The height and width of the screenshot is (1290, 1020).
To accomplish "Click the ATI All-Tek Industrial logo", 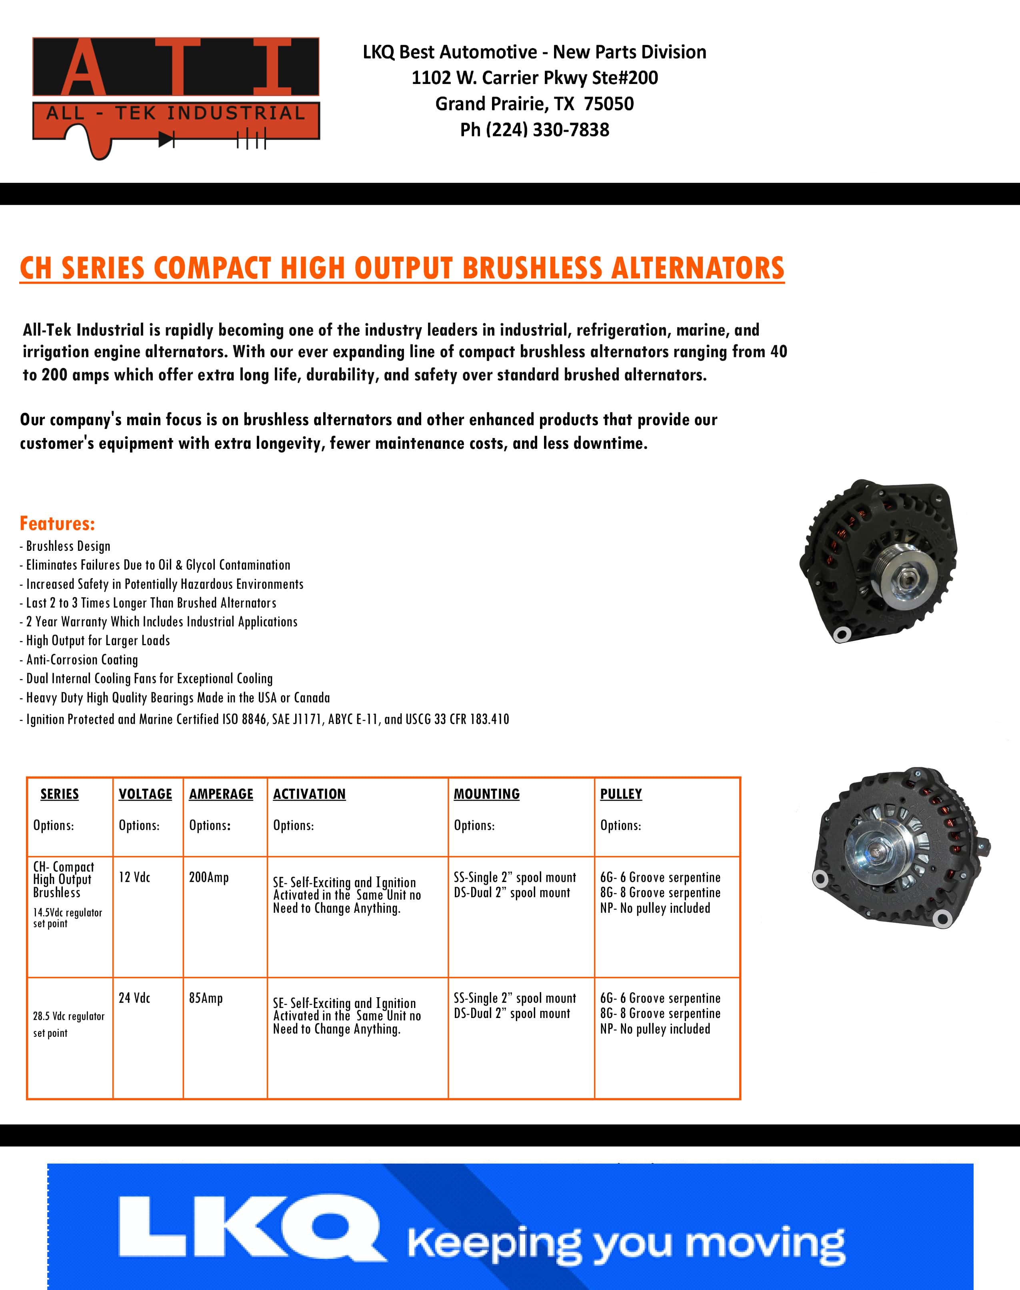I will tap(176, 96).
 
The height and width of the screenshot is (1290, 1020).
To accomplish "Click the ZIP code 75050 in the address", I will tap(608, 104).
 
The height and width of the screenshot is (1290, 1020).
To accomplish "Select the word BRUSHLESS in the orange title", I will tap(532, 268).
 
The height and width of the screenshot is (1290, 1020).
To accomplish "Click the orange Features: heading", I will tap(57, 524).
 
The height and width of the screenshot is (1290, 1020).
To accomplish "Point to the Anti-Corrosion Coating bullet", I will tap(82, 659).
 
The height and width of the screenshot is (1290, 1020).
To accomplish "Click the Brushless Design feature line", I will tap(68, 546).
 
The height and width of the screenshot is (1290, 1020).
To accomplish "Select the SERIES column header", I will tap(59, 794).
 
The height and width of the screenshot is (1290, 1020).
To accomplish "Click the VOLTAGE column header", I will tap(145, 794).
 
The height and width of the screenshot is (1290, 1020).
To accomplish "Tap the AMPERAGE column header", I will tap(221, 794).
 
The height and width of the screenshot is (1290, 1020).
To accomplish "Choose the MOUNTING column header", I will tap(487, 794).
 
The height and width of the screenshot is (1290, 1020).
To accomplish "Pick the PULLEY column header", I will tap(621, 794).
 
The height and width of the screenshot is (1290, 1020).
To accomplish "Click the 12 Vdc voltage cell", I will tap(134, 877).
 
